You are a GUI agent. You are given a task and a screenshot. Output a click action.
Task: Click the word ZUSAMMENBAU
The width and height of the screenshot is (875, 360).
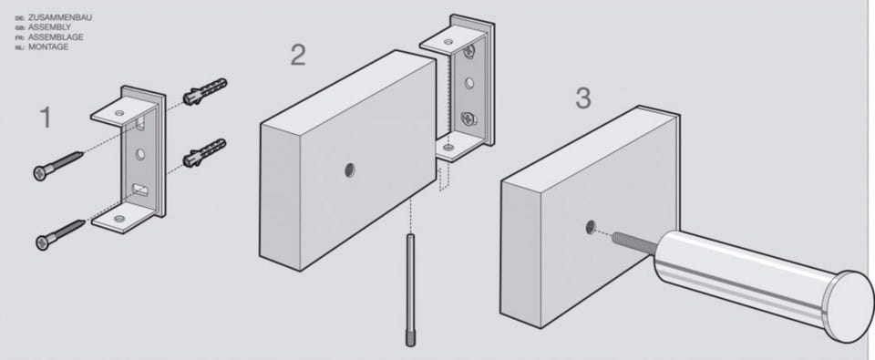point(60,18)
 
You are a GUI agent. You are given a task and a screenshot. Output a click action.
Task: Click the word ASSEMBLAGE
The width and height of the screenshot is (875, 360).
point(56,37)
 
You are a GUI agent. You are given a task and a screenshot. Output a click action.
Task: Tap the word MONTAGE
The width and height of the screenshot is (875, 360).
point(48,46)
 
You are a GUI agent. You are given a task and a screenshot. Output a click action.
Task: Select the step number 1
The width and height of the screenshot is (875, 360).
point(46,118)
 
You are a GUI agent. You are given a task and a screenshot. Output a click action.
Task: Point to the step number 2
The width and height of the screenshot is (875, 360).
point(298,55)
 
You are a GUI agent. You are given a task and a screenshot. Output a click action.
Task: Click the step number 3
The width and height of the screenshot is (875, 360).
point(582,98)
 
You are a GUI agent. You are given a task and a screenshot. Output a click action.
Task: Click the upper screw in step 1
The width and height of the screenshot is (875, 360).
point(58,165)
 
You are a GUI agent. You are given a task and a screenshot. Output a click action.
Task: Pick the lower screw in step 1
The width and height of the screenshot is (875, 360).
point(60,234)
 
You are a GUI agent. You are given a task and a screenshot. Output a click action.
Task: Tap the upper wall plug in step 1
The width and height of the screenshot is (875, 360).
point(205,91)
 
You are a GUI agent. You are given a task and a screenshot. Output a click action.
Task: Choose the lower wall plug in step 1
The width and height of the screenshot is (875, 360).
point(205,153)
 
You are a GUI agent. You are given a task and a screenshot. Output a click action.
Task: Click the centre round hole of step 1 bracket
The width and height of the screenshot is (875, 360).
point(140,154)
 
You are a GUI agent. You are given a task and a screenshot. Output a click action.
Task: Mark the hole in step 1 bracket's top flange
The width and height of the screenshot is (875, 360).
point(120,113)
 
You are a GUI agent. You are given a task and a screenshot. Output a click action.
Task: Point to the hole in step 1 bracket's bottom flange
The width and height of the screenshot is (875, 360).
point(118,218)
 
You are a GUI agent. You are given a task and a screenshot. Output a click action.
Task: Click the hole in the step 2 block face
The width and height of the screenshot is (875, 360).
point(349,170)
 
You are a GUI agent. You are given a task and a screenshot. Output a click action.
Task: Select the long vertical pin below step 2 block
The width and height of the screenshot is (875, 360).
point(411,290)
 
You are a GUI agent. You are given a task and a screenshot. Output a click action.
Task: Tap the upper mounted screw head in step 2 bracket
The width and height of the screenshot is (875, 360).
point(470,51)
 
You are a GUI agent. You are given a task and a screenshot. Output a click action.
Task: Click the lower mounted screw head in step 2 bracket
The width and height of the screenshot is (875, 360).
point(468,118)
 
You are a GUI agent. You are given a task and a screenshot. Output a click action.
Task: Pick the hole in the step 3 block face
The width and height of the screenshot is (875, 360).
point(591,227)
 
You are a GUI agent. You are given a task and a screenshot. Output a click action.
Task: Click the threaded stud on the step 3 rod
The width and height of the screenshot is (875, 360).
point(634,242)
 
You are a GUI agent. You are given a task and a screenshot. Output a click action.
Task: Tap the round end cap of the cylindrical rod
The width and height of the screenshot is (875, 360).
point(849,307)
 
